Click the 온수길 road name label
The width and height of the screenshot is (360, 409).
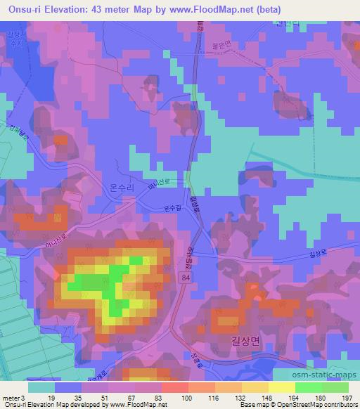coord(172,209)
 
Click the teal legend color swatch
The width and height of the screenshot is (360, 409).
coord(41,387)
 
